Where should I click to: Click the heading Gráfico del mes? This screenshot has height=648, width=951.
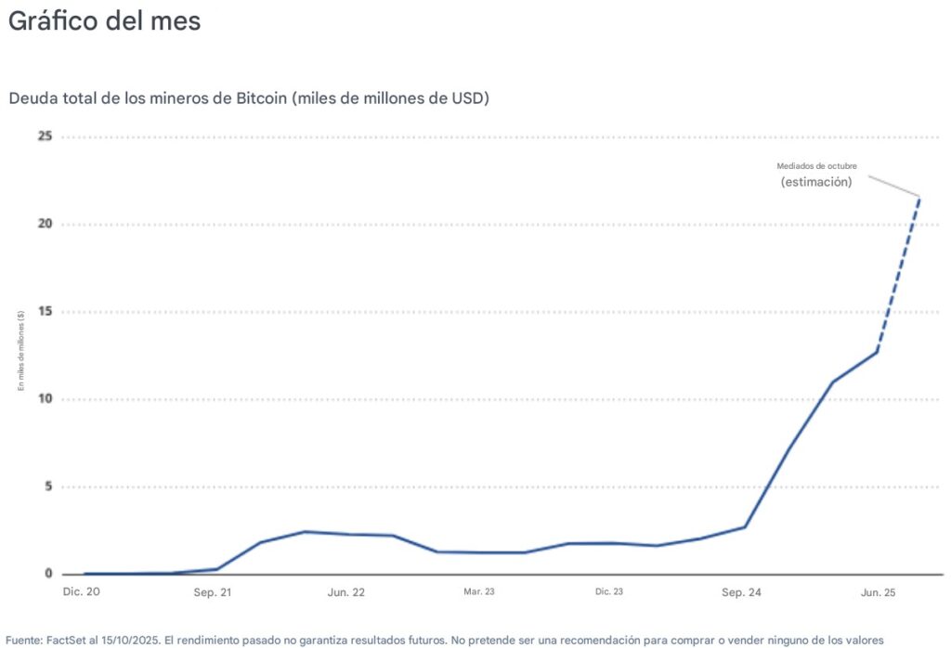click(x=104, y=20)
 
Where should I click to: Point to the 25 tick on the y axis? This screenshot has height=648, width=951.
click(x=44, y=136)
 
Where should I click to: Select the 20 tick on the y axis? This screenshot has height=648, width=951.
click(x=44, y=224)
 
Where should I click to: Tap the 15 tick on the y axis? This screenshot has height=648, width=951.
click(x=44, y=312)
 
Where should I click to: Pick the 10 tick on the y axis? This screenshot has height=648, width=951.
click(x=44, y=399)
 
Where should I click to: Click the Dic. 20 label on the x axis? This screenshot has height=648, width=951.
click(x=81, y=590)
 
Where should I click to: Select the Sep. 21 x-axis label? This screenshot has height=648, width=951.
click(x=212, y=590)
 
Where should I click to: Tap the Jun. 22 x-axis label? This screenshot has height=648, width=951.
click(x=345, y=590)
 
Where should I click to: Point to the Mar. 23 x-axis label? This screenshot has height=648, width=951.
click(x=479, y=590)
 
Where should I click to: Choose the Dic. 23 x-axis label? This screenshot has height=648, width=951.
click(x=609, y=590)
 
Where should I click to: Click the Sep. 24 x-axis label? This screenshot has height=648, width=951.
click(x=742, y=590)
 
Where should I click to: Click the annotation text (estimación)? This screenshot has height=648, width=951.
click(x=816, y=182)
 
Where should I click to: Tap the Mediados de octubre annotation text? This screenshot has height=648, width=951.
click(x=816, y=166)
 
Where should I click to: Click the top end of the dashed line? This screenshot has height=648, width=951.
click(x=919, y=197)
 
